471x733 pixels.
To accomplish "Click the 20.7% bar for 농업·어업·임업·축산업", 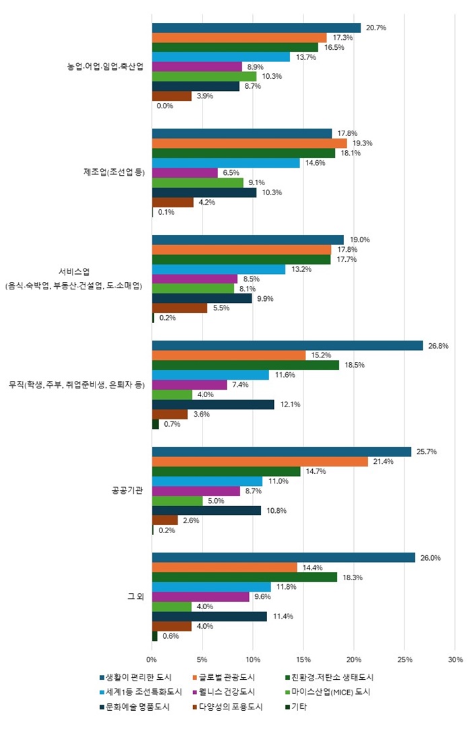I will coord(256,28).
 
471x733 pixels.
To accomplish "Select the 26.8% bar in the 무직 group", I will coord(287,345).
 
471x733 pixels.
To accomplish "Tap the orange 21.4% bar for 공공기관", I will coord(260,461).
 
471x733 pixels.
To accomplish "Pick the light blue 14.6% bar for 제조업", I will coord(225,163).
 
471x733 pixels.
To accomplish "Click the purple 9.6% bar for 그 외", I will coord(201,597).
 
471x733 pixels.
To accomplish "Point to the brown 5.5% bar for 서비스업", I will coord(180,308).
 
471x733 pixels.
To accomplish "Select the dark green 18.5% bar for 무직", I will coord(246,365).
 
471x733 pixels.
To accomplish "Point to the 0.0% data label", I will coord(166,106).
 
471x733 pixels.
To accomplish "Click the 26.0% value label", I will coord(430,558).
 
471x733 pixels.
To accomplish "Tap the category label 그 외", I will coord(137,596).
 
